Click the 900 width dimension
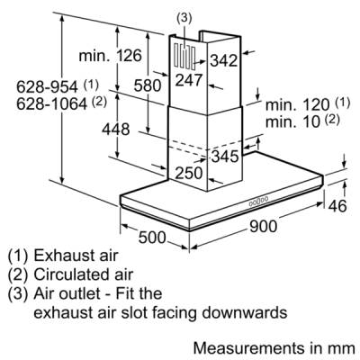point(263,226)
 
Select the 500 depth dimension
point(152,237)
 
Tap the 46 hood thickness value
point(337,206)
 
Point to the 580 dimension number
point(148,85)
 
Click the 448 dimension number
point(116,129)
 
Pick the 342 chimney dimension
point(223,60)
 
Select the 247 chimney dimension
point(189,80)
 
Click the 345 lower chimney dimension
point(225,156)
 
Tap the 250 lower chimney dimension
point(189,173)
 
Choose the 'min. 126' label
point(110,56)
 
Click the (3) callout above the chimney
point(184,18)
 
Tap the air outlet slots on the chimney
point(184,56)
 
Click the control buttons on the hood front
point(258,201)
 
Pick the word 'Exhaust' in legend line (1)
point(59,256)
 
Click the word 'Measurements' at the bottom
point(248,348)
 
